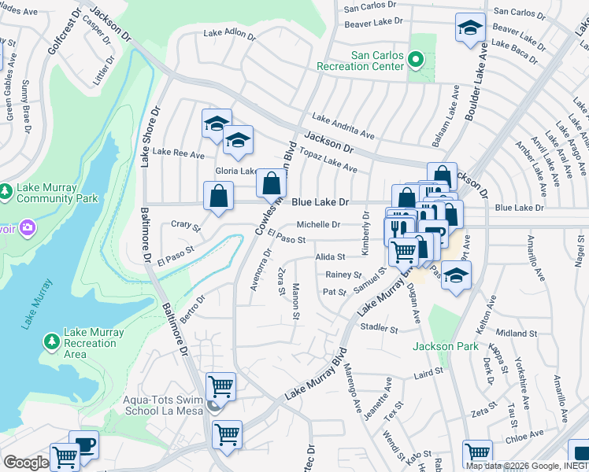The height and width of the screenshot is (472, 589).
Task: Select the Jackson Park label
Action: pyautogui.click(x=444, y=346)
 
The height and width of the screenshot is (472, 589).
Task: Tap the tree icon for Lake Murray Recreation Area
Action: pyautogui.click(x=51, y=341)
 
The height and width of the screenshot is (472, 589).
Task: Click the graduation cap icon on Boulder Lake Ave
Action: pyautogui.click(x=470, y=28)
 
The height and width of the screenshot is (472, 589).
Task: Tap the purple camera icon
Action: pyautogui.click(x=27, y=228)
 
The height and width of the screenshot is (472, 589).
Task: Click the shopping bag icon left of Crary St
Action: pyautogui.click(x=218, y=197)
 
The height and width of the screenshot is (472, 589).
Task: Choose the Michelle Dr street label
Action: pyautogui.click(x=317, y=224)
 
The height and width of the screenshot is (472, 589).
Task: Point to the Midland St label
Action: pyautogui.click(x=516, y=334)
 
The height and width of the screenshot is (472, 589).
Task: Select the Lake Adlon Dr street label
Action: pyautogui.click(x=229, y=34)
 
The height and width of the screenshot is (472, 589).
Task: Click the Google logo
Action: pyautogui.click(x=26, y=463)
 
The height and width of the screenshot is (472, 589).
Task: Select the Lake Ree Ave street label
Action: pyautogui.click(x=178, y=153)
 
